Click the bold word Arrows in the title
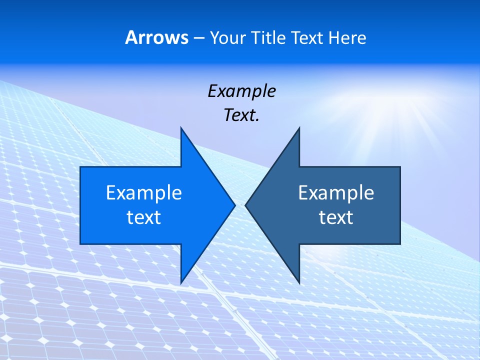(156, 38)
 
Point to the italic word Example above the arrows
(242, 91)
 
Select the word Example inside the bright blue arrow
(144, 193)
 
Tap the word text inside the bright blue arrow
(144, 217)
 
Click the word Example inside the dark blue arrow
(336, 193)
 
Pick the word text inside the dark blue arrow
(336, 217)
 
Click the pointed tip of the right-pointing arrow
(235, 205)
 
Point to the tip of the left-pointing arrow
(245, 205)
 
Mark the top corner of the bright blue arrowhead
(181, 128)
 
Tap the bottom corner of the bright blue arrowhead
(181, 283)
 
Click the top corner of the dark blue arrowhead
(299, 128)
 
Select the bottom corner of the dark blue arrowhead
(299, 283)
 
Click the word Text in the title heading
(308, 38)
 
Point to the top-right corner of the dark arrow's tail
(400, 167)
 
